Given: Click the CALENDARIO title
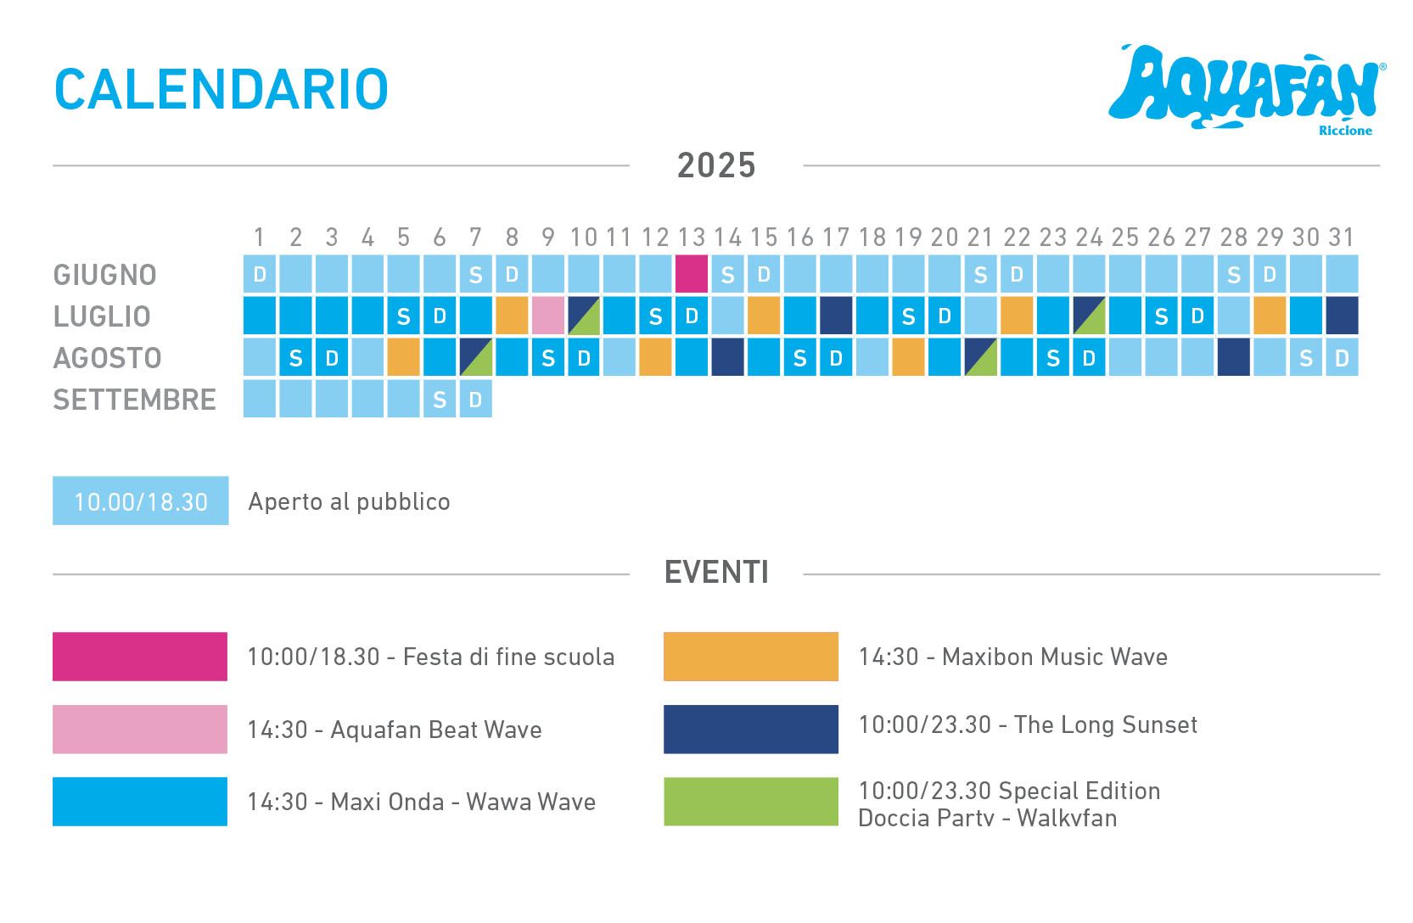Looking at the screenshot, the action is (221, 90).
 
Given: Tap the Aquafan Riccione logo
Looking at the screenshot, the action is (1247, 90).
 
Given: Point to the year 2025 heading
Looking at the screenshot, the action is (716, 165).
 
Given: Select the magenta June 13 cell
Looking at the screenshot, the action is (692, 274).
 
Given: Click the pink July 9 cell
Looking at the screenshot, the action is (548, 316).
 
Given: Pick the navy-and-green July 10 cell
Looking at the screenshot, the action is (584, 316).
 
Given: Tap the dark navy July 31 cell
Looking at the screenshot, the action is (1342, 316).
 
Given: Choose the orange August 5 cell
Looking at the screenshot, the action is (404, 357).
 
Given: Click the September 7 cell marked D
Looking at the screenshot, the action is (475, 399).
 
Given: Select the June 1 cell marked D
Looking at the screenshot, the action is (259, 274).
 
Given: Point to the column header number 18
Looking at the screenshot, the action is (872, 238).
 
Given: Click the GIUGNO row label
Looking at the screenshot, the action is (104, 275).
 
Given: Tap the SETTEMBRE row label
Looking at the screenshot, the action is (134, 400).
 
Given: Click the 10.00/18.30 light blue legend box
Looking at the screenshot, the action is (141, 501).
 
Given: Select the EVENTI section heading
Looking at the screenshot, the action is (716, 573).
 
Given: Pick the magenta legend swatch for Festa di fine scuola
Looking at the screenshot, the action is (140, 657).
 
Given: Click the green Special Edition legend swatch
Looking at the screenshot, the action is (751, 802).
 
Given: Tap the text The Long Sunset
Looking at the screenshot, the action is (1105, 725).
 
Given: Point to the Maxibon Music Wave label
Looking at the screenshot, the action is (1055, 657).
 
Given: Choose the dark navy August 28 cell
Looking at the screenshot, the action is (1234, 357).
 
